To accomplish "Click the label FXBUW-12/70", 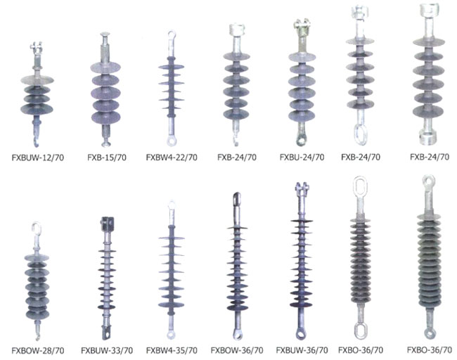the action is (37, 157).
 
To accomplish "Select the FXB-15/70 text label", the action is (107, 157).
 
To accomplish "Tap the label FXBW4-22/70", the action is (172, 157).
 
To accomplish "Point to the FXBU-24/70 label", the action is (302, 157).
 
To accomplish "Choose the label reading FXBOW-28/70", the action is (38, 350).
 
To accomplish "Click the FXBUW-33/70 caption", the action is (107, 350).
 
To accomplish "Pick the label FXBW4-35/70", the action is (172, 350).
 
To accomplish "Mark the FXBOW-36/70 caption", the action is (237, 350).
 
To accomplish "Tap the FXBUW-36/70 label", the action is (302, 349).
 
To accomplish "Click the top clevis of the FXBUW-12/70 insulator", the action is (36, 47).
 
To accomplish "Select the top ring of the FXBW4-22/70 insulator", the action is (172, 34).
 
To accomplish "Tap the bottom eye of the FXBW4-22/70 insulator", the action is (172, 141).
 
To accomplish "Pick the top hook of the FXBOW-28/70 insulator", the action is (36, 227).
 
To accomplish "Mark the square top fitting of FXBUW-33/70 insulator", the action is (107, 224).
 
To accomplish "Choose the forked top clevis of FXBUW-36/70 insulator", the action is (302, 188).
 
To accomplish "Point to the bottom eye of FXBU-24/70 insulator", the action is (300, 140).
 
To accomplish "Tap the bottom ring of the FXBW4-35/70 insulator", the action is (172, 334).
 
